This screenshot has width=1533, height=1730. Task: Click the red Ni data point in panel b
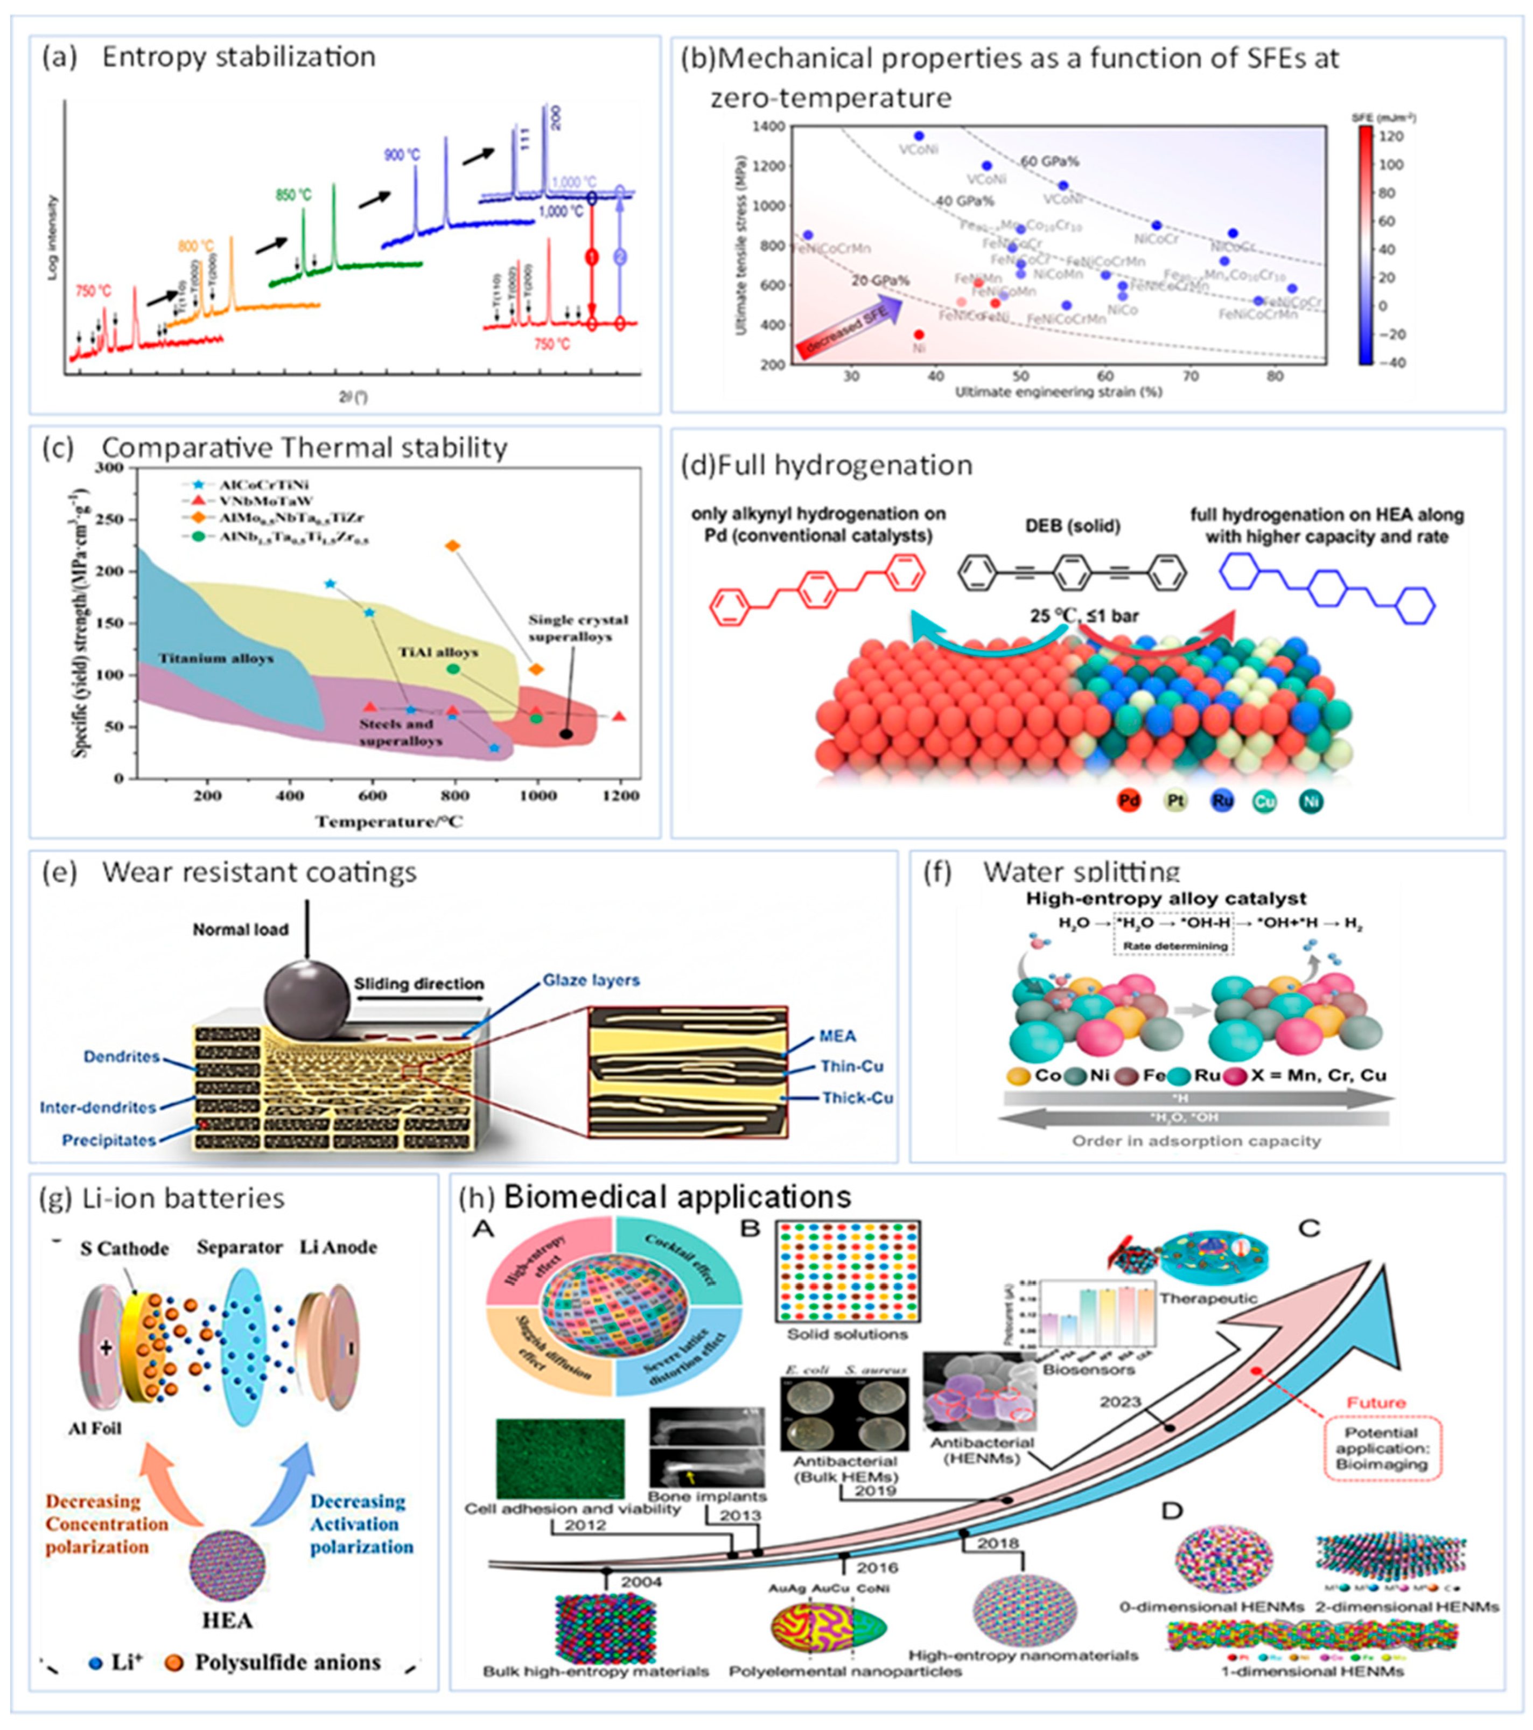click(919, 334)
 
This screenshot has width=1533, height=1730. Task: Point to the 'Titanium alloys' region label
click(216, 657)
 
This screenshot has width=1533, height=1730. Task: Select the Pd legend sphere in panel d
click(1129, 801)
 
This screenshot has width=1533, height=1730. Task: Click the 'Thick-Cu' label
click(857, 1098)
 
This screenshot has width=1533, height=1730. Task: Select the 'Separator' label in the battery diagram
click(240, 1248)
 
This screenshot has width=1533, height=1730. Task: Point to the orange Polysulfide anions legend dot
click(174, 1662)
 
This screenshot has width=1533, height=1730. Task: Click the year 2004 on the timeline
click(641, 1581)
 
